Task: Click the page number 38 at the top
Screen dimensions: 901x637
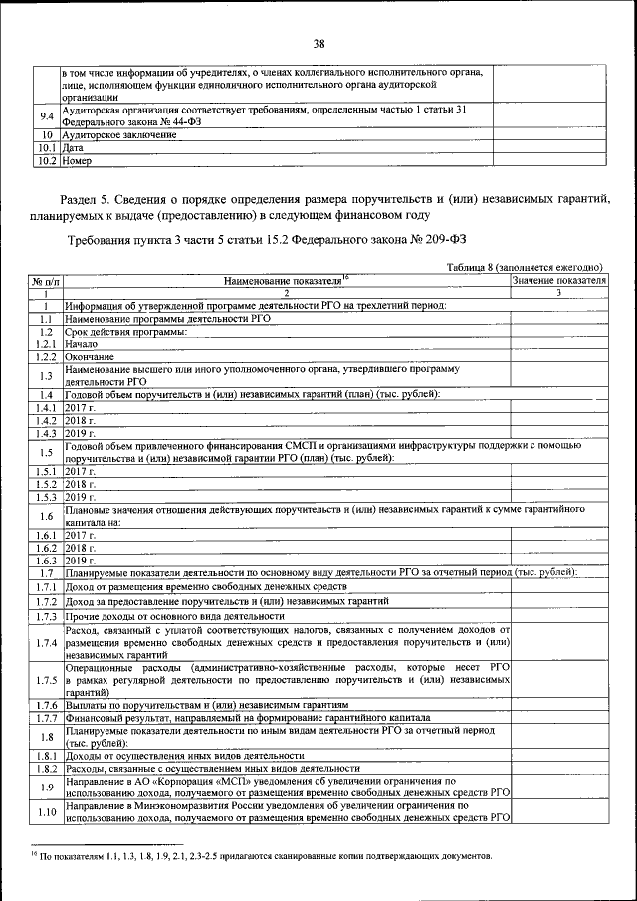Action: pyautogui.click(x=318, y=44)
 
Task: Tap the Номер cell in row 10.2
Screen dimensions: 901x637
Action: pyautogui.click(x=76, y=159)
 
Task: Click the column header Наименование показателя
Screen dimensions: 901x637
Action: pyautogui.click(x=286, y=282)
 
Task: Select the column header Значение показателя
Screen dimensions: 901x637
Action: pyautogui.click(x=558, y=282)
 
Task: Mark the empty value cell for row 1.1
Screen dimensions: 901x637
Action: pyautogui.click(x=558, y=318)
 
